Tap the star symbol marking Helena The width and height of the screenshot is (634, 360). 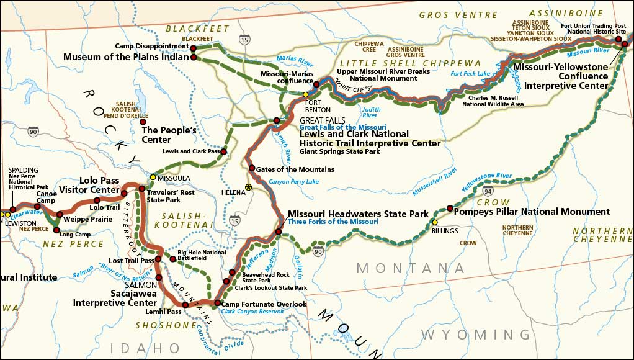[x=249, y=187]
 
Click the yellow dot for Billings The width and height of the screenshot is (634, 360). [x=435, y=222]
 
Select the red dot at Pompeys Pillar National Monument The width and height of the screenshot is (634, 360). [x=450, y=208]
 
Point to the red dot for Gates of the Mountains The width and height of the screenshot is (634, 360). [x=251, y=168]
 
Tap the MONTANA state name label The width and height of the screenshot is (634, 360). [x=410, y=268]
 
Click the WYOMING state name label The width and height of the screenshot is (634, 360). [x=476, y=335]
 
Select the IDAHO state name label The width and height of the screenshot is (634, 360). [x=145, y=347]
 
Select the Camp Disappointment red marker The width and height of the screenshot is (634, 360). [x=193, y=48]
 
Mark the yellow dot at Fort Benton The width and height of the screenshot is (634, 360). [x=305, y=94]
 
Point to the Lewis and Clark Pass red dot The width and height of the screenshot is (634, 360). [x=223, y=151]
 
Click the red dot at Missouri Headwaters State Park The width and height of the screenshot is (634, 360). [x=279, y=232]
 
